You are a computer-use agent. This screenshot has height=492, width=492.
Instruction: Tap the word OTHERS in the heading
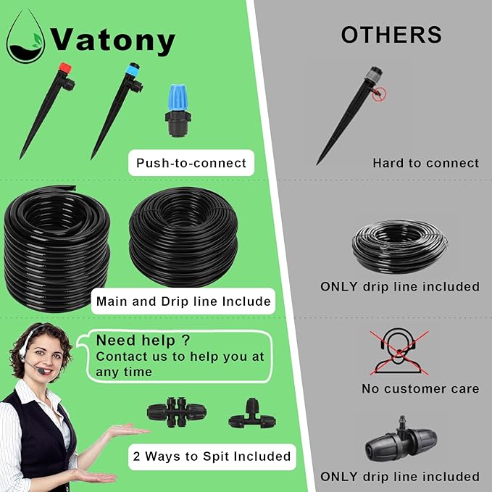pyautogui.click(x=391, y=35)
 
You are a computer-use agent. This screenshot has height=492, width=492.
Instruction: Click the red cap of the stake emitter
pyautogui.click(x=65, y=68)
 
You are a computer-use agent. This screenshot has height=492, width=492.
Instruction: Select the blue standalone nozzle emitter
pyautogui.click(x=178, y=110)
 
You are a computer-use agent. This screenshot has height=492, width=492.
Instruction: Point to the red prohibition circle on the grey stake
pyautogui.click(x=380, y=93)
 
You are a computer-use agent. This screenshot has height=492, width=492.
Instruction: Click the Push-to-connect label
pyautogui.click(x=191, y=163)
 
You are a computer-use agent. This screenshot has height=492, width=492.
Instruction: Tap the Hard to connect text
pyautogui.click(x=425, y=163)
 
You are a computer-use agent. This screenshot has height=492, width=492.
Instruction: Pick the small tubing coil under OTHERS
pyautogui.click(x=399, y=246)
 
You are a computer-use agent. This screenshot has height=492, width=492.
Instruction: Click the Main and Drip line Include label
pyautogui.click(x=183, y=301)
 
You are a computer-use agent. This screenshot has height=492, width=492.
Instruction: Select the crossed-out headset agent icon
pyautogui.click(x=399, y=351)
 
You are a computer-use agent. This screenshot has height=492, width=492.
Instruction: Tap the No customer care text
pyautogui.click(x=420, y=389)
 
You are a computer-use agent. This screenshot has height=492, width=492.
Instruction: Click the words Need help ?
pyautogui.click(x=143, y=340)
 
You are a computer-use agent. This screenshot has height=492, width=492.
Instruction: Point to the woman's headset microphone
pyautogui.click(x=41, y=371)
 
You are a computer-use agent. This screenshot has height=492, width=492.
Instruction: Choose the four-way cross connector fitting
pyautogui.click(x=177, y=412)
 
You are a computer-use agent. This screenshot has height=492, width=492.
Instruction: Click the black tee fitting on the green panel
pyautogui.click(x=252, y=414)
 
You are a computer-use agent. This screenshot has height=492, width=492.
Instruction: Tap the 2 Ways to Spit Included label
pyautogui.click(x=212, y=456)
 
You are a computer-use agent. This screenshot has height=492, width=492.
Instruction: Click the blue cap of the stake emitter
pyautogui.click(x=133, y=70)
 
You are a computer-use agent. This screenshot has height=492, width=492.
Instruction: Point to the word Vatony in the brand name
pyautogui.click(x=112, y=40)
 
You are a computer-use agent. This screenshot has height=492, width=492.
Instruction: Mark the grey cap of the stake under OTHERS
pyautogui.click(x=374, y=74)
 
